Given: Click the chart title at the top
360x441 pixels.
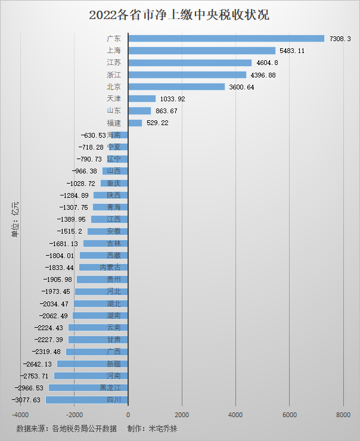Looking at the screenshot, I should click(x=179, y=15).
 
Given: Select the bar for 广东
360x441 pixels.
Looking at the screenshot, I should click(x=226, y=39).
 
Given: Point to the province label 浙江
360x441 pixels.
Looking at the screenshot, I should click(x=113, y=75).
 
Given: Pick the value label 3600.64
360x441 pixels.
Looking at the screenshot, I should click(x=242, y=87).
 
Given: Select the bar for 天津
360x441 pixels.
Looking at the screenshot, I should click(x=142, y=99).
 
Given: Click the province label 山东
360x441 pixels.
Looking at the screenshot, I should click(x=113, y=111).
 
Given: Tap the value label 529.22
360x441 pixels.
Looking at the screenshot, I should click(x=158, y=123).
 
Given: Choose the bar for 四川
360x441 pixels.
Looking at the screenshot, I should click(x=86, y=399).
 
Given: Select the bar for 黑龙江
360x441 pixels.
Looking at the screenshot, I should click(x=88, y=387).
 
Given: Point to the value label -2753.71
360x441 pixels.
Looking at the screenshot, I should click(x=37, y=376).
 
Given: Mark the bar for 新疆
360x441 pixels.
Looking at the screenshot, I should click(x=92, y=364).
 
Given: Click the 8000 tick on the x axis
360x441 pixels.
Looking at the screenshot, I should click(x=343, y=415).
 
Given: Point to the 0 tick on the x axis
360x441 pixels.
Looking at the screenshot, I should click(x=128, y=415).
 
